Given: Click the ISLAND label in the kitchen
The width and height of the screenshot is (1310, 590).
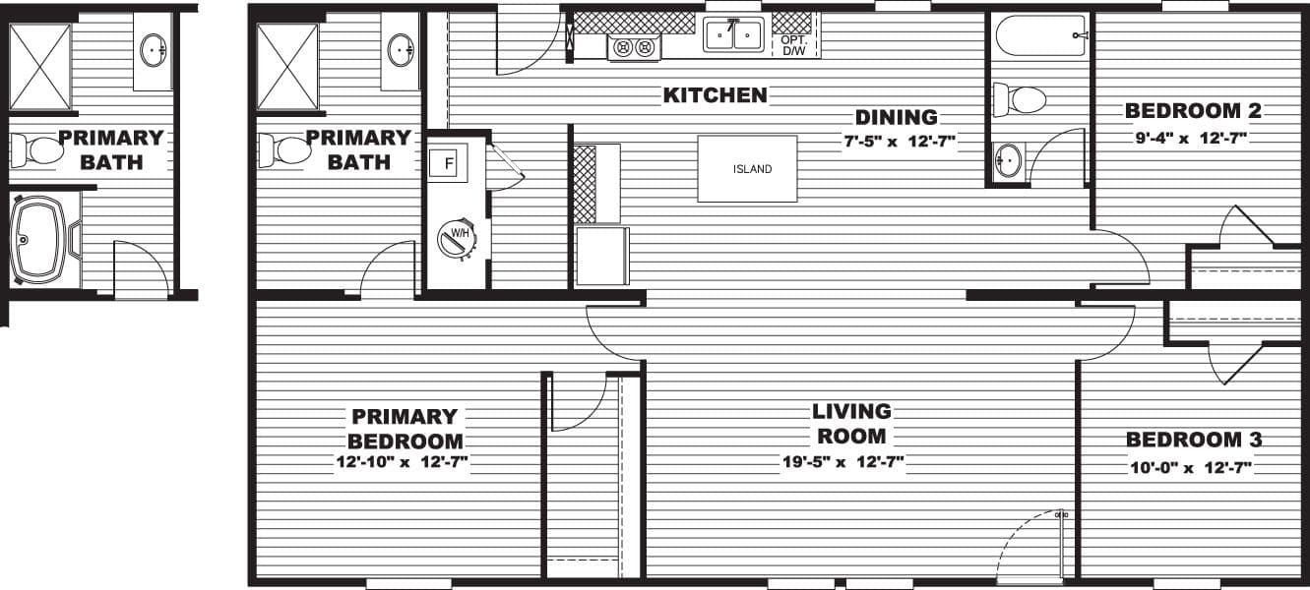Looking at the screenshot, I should pos(752,169).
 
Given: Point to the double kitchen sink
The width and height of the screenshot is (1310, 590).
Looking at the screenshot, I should pos(733,35).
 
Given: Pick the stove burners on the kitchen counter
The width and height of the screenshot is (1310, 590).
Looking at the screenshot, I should pos(633,46).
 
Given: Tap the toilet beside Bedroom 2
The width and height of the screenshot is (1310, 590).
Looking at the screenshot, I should pos(1019,99).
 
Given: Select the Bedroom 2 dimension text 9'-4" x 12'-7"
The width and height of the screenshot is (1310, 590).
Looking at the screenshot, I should pos(1192,139).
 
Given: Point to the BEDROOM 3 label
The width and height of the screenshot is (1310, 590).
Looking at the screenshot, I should pos(1194,440).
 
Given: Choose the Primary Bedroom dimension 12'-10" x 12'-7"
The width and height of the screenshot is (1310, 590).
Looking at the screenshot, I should pos(404,462).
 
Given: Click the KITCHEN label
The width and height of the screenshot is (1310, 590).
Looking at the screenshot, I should pos(715,95).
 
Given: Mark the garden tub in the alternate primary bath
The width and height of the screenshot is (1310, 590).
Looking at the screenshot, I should pos(41,240).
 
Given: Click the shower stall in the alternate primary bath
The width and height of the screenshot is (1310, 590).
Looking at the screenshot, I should pos(40,66).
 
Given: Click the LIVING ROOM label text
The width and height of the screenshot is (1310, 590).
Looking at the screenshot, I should pos(851,423).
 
